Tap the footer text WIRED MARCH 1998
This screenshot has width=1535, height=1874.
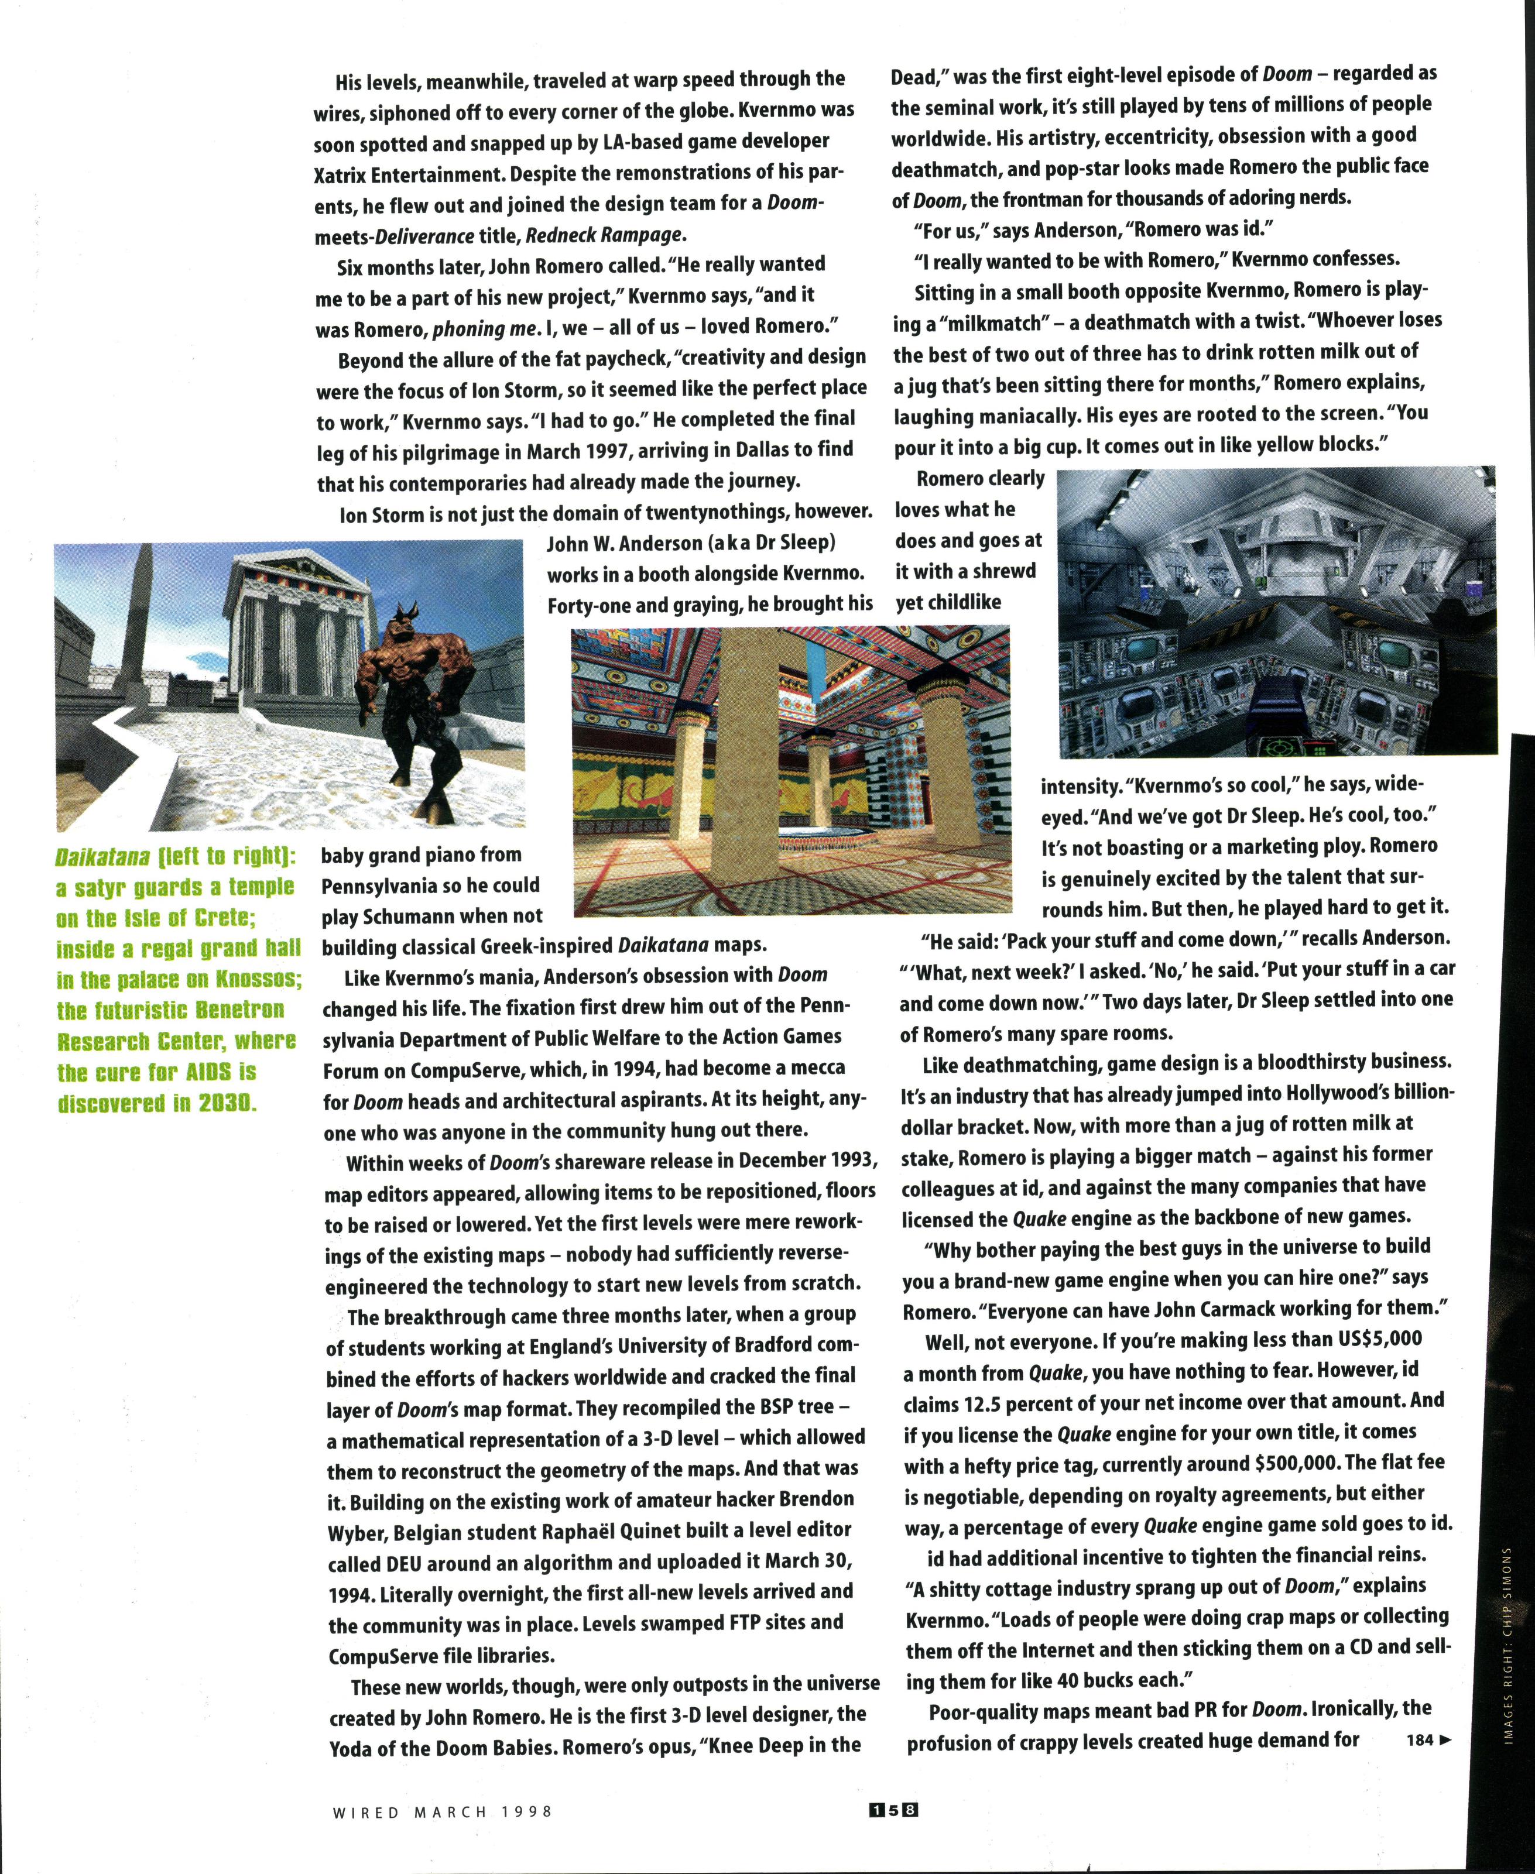tap(442, 1811)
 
